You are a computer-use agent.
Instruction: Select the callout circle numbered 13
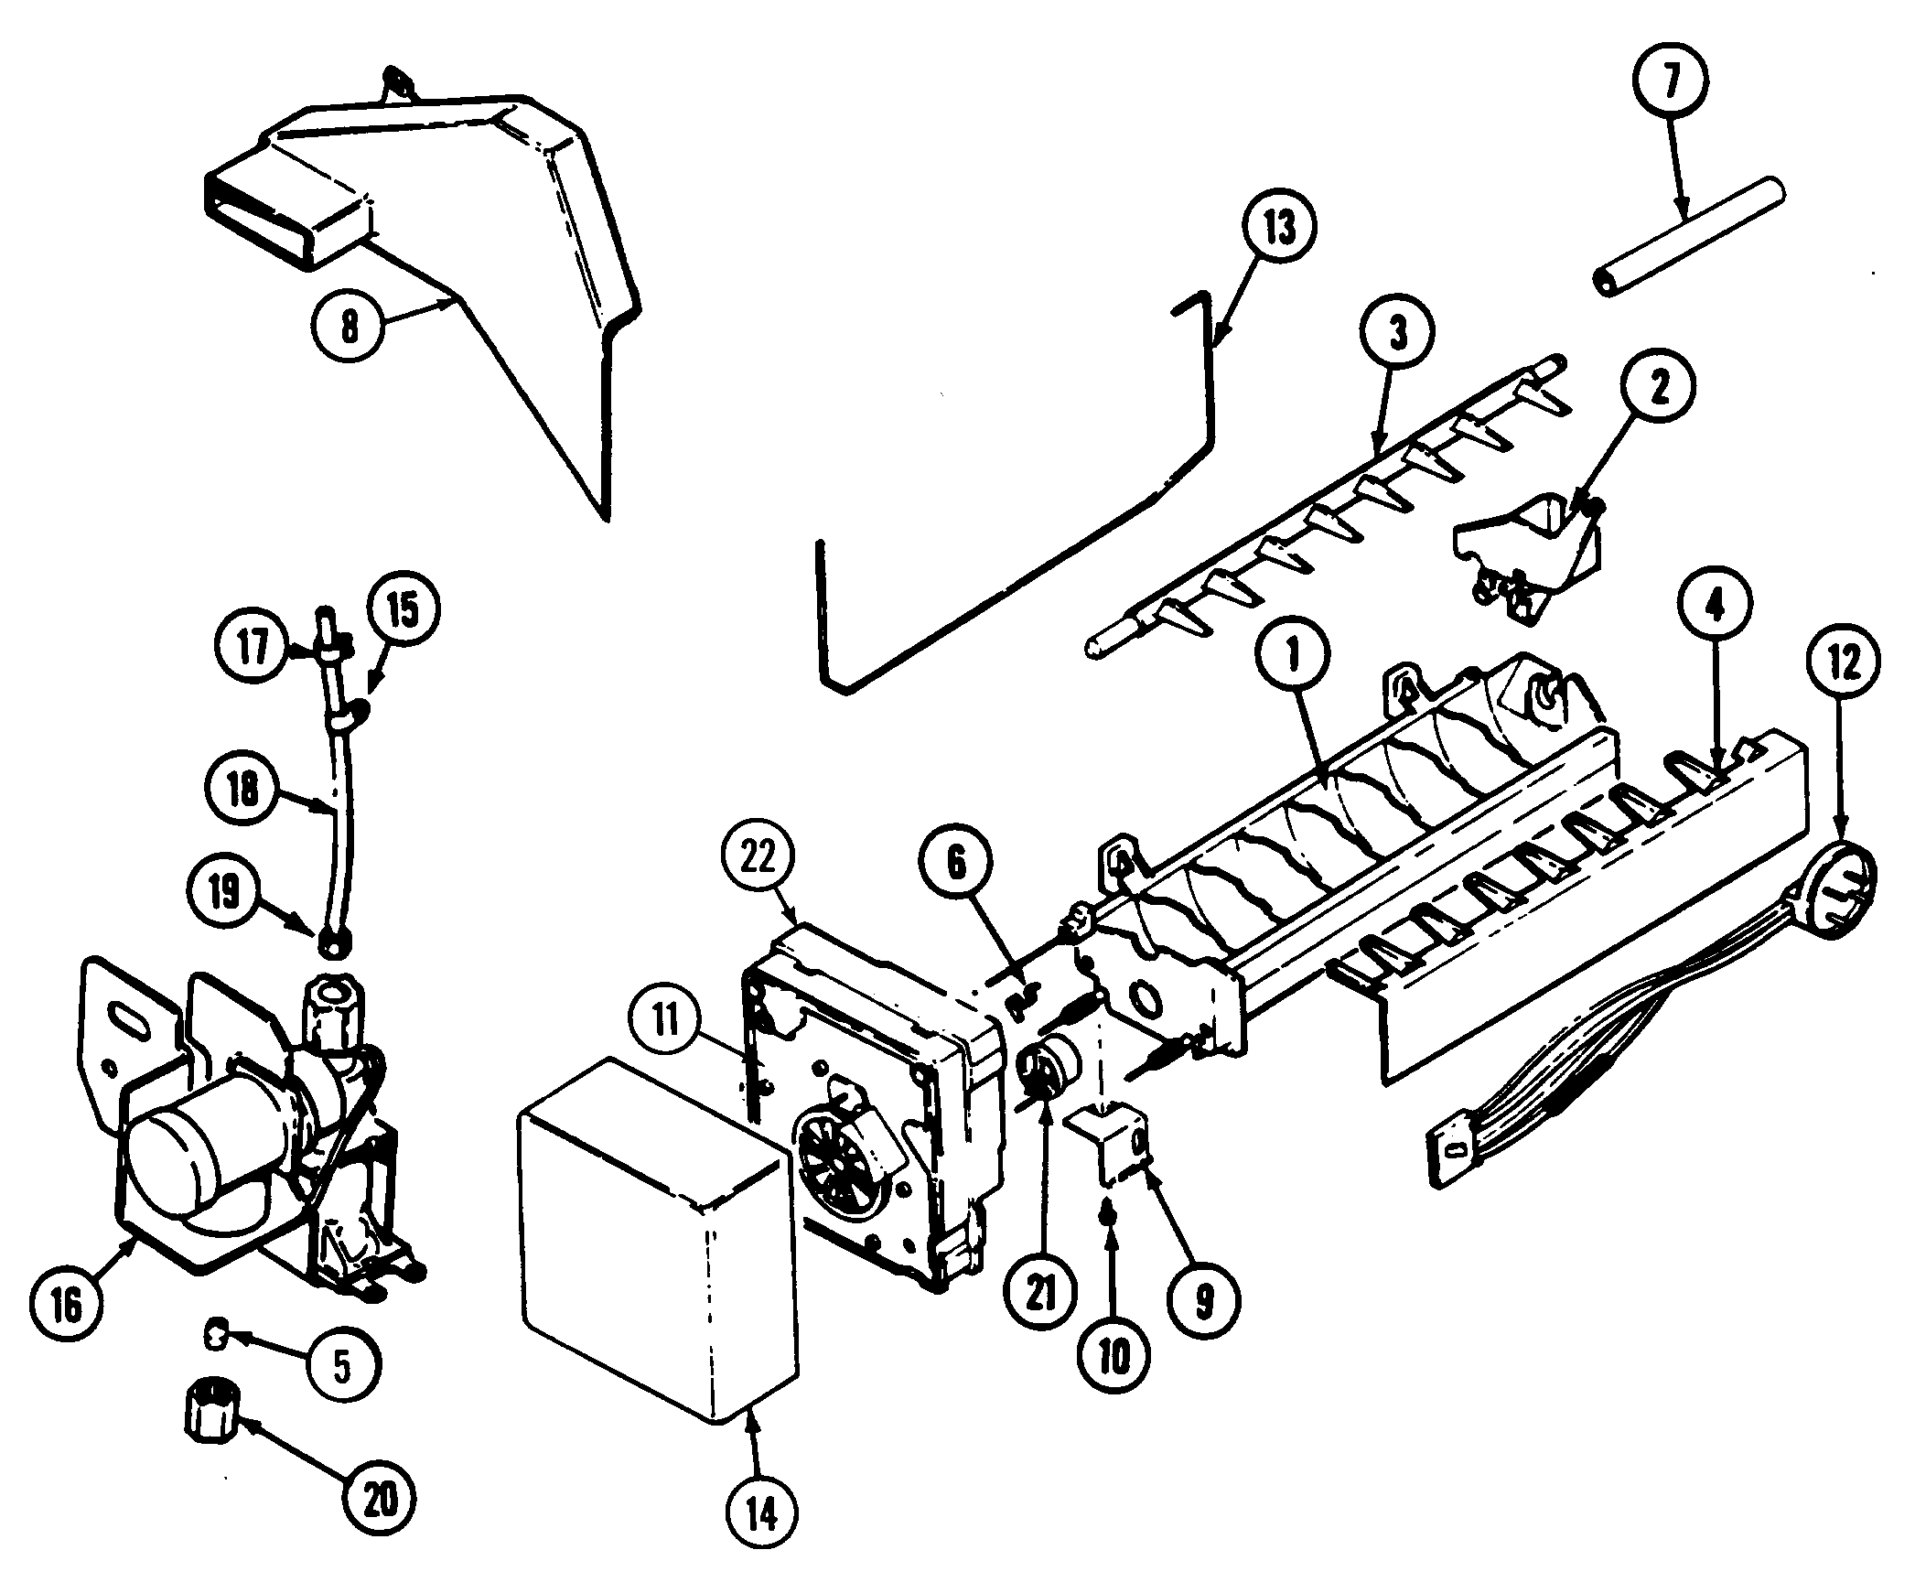tap(1278, 230)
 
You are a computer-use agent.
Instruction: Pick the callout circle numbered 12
tap(1844, 662)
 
